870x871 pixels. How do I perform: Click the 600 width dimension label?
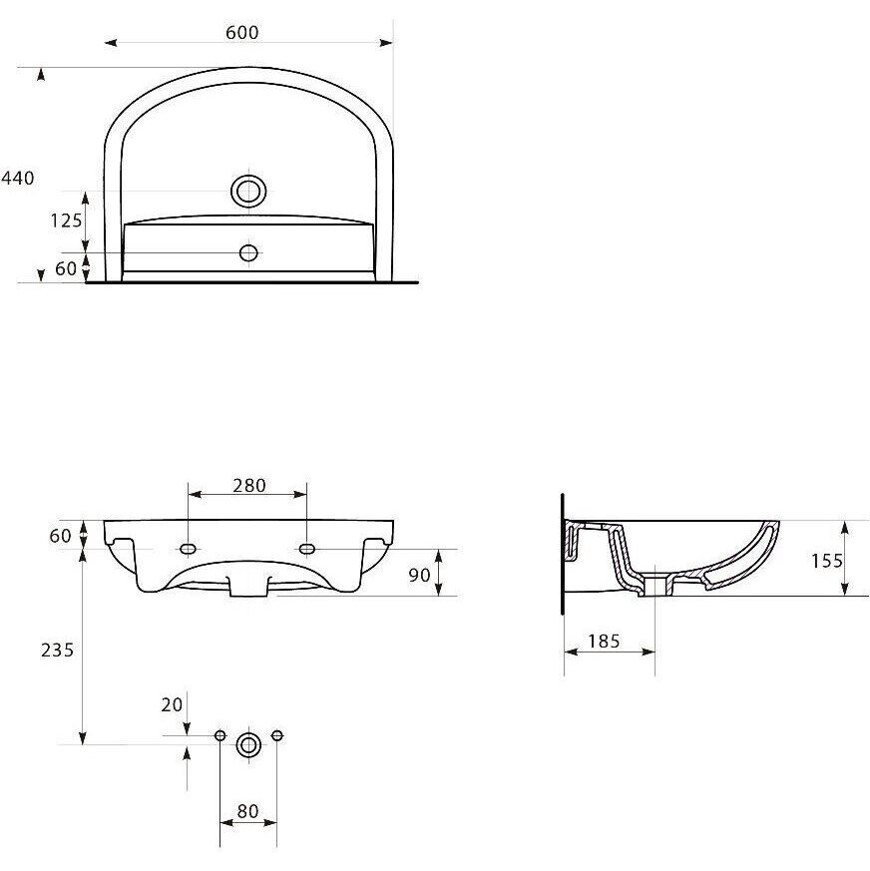[242, 32]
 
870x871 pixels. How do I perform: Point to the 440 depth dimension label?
[18, 178]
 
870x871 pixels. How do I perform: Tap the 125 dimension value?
[66, 220]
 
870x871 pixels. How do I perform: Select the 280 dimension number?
[249, 486]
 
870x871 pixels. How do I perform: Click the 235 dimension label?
[57, 650]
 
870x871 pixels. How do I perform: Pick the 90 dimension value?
[419, 575]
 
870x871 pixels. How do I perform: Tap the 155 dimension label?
[827, 561]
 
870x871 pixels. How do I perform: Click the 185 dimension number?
[604, 642]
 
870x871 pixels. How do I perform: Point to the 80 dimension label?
[247, 811]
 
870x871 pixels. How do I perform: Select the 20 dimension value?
[172, 705]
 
